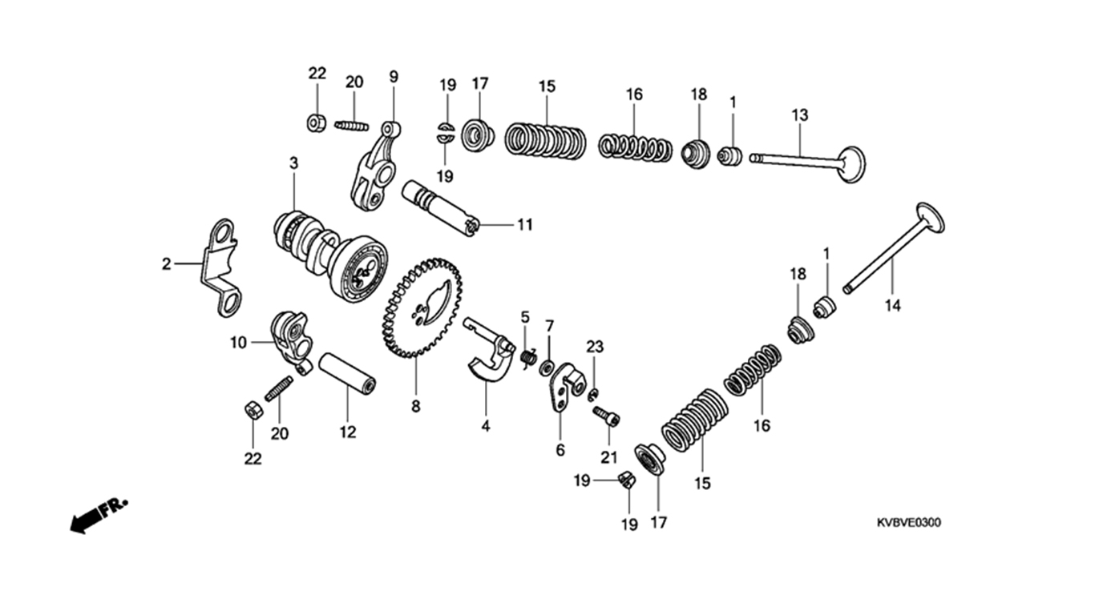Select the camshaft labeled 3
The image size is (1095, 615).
point(331,255)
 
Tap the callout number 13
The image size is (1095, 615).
point(800,115)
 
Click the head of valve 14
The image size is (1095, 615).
point(930,218)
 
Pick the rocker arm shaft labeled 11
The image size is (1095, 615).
point(439,208)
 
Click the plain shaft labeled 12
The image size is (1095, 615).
point(348,374)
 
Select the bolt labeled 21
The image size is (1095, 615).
point(606,416)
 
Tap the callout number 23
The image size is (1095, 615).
point(595,347)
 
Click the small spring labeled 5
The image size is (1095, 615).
point(527,358)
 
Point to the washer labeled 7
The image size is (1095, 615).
point(546,368)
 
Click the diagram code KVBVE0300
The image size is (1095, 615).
point(908,523)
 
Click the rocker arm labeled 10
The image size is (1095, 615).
point(292,343)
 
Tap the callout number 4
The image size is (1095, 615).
point(486,426)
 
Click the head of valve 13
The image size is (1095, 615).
point(851,164)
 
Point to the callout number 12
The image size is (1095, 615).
point(348,432)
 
